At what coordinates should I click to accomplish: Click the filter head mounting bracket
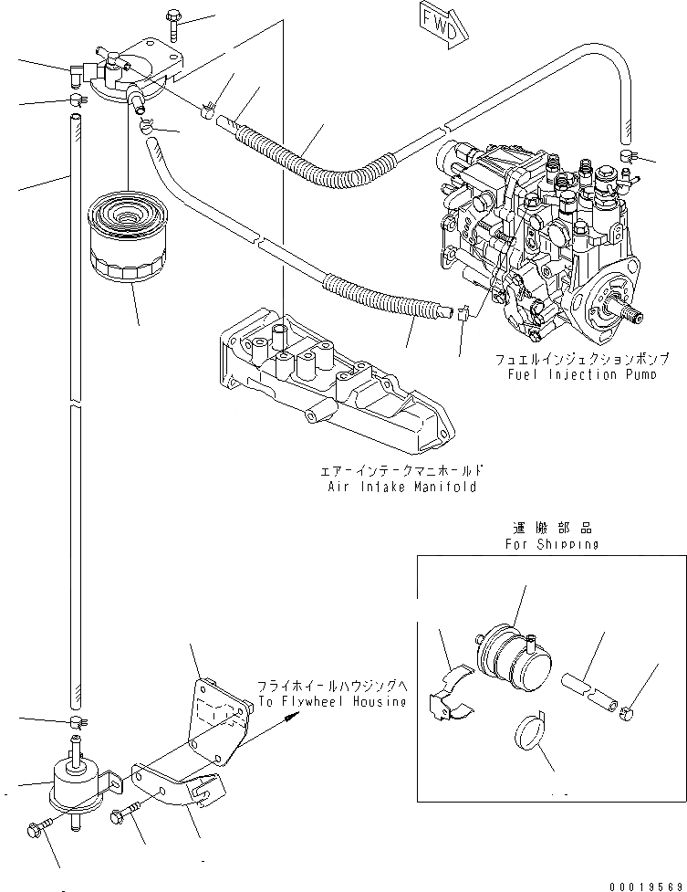tap(146, 59)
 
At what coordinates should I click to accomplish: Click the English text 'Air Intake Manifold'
tap(402, 488)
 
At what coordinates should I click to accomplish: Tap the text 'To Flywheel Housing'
tap(330, 701)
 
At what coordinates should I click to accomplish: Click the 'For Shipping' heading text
tap(552, 544)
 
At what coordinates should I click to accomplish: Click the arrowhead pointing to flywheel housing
tap(291, 718)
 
